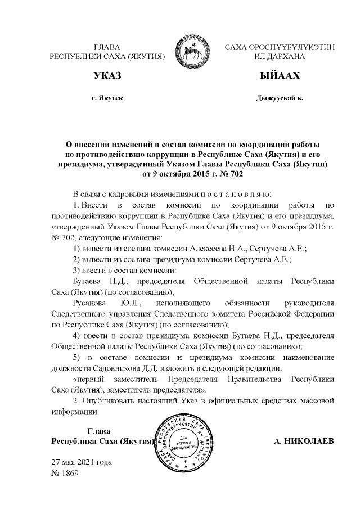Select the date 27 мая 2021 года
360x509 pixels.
coord(82,462)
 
